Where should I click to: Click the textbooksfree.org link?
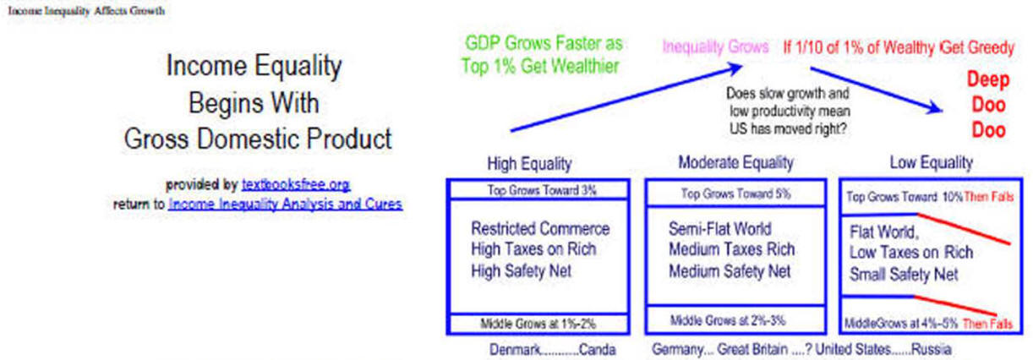[x=296, y=185]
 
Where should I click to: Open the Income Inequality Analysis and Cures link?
[x=285, y=204]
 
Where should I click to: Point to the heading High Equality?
[x=529, y=164]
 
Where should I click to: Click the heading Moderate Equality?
[x=735, y=162]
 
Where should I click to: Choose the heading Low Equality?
[x=931, y=162]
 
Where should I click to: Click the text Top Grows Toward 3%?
[x=542, y=190]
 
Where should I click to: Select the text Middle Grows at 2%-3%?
[x=728, y=320]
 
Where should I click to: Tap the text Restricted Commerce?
[x=540, y=229]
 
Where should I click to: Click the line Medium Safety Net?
[x=730, y=271]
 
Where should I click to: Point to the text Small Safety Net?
[x=904, y=275]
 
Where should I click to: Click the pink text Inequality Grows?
[x=715, y=46]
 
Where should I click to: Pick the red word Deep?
[x=988, y=79]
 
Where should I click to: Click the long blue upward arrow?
[x=626, y=98]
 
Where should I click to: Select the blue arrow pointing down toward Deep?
[x=877, y=90]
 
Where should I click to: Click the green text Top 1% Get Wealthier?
[x=540, y=66]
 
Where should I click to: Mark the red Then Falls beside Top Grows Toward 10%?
[x=988, y=197]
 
